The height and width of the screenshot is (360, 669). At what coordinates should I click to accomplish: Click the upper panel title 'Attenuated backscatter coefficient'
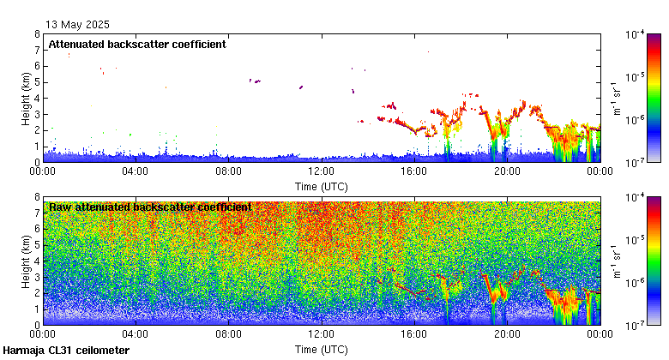137,45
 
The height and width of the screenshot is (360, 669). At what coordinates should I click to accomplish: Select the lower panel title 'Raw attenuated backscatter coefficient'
150,207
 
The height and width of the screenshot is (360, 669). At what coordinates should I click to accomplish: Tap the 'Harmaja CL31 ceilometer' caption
66,351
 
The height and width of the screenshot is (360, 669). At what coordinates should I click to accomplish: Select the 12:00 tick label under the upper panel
321,171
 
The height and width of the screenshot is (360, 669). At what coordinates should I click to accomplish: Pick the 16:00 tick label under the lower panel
413,335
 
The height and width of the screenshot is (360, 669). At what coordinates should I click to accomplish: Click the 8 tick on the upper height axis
37,34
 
